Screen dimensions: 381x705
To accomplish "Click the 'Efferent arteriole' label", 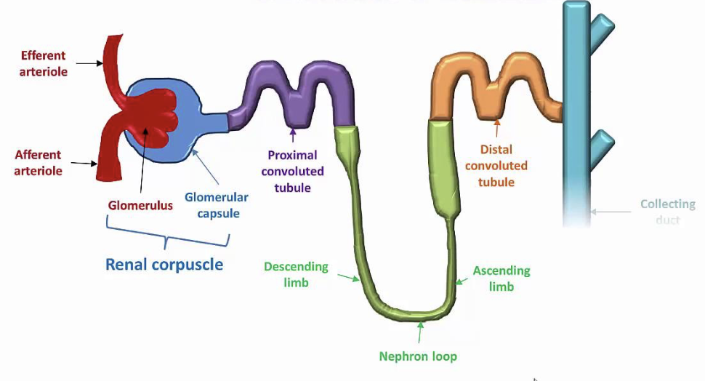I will [x=43, y=63].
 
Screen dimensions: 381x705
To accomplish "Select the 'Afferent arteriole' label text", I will [x=38, y=163].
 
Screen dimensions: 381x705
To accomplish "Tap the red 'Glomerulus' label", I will [x=141, y=205].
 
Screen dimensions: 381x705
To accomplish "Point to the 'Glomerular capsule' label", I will [x=216, y=205].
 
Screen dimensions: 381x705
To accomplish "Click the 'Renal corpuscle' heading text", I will [x=164, y=263].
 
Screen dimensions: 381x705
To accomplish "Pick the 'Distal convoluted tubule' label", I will [x=496, y=165].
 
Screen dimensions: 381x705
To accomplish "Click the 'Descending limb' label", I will [x=296, y=274].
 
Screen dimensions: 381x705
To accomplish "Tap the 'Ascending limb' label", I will [x=501, y=278].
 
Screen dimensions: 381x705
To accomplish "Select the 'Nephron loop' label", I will [x=418, y=356].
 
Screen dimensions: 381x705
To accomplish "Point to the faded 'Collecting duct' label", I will [x=667, y=212].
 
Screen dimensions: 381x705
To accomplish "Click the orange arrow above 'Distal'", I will [x=497, y=129].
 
